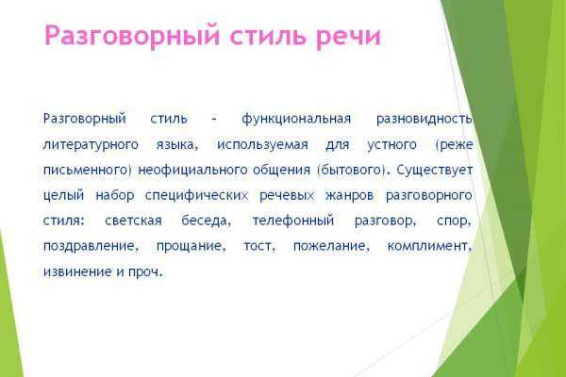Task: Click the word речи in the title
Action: pyautogui.click(x=348, y=37)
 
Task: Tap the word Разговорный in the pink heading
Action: pyautogui.click(x=132, y=36)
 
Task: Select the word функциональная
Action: pyautogui.click(x=296, y=119)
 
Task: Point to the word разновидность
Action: pyautogui.click(x=424, y=119)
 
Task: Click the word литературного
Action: pyautogui.click(x=91, y=145)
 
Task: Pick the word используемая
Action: pyautogui.click(x=262, y=145)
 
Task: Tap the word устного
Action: pyautogui.click(x=391, y=145)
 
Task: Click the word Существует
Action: pyautogui.click(x=435, y=170)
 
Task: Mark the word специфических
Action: pyautogui.click(x=197, y=195)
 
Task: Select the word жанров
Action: pyautogui.click(x=349, y=195)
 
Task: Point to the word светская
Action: pyautogui.click(x=133, y=221)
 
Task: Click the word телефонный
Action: pyautogui.click(x=293, y=221)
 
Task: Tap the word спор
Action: pyautogui.click(x=454, y=221)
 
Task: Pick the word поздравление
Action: pyautogui.click(x=91, y=246)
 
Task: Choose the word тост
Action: pyautogui.click(x=259, y=246)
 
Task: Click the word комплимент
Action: pyautogui.click(x=429, y=246)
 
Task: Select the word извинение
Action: pyautogui.click(x=77, y=271)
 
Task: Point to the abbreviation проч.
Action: pyautogui.click(x=145, y=272)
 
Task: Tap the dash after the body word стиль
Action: pyautogui.click(x=214, y=120)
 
